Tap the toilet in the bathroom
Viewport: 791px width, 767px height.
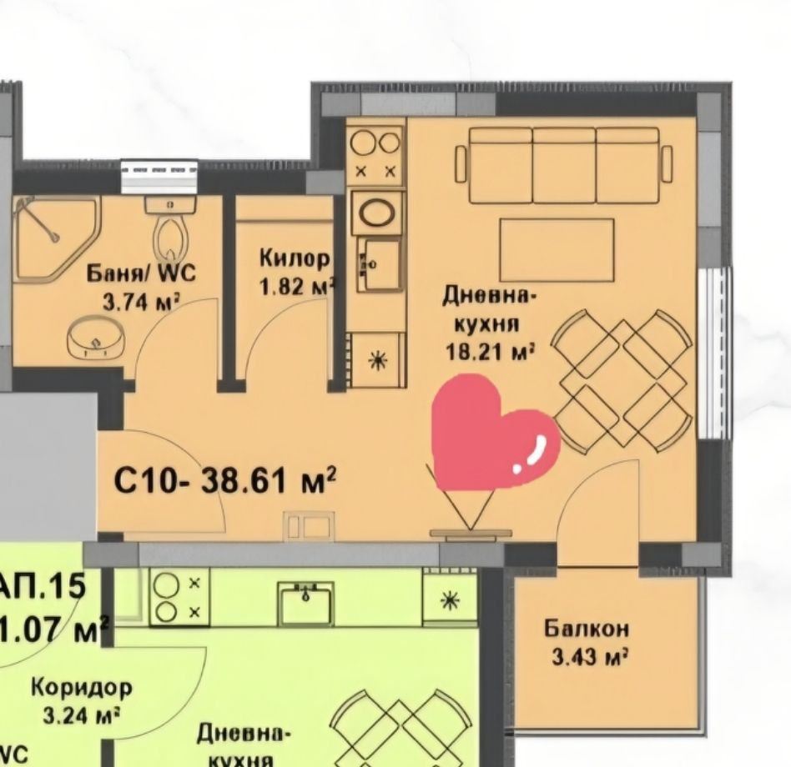(x=170, y=233)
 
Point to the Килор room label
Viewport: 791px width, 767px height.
(x=295, y=258)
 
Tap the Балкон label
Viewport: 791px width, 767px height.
(x=587, y=629)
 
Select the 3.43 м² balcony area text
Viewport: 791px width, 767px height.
(x=589, y=657)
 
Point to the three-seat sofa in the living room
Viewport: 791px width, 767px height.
(x=564, y=165)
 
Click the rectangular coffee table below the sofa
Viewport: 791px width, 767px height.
(x=557, y=249)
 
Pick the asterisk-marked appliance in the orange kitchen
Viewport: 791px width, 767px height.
(x=378, y=360)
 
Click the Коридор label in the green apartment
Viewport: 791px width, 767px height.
(x=81, y=688)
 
